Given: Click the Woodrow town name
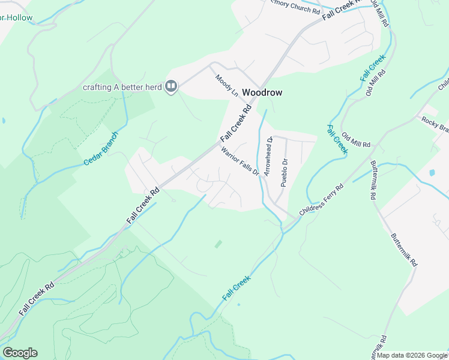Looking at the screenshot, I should (262, 93).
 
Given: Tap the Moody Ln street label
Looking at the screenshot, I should (226, 86).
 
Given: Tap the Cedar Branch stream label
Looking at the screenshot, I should (101, 149).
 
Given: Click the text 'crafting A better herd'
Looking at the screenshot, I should (122, 87).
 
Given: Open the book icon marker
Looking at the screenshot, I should (171, 87).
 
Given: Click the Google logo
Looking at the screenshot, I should (20, 353).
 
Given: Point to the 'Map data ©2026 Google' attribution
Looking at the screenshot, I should (412, 355).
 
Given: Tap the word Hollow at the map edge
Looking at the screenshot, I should (16, 17).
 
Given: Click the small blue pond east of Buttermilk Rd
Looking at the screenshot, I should (432, 173).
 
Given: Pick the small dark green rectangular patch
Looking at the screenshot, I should (218, 244).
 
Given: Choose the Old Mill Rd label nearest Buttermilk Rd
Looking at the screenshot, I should (356, 141).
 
